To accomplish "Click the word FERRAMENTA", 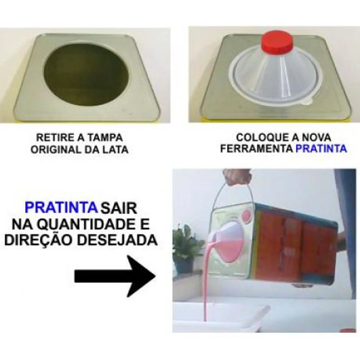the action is (x=257, y=149).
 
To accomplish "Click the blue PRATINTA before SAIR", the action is (x=61, y=207).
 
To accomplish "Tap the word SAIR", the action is (x=119, y=208).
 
